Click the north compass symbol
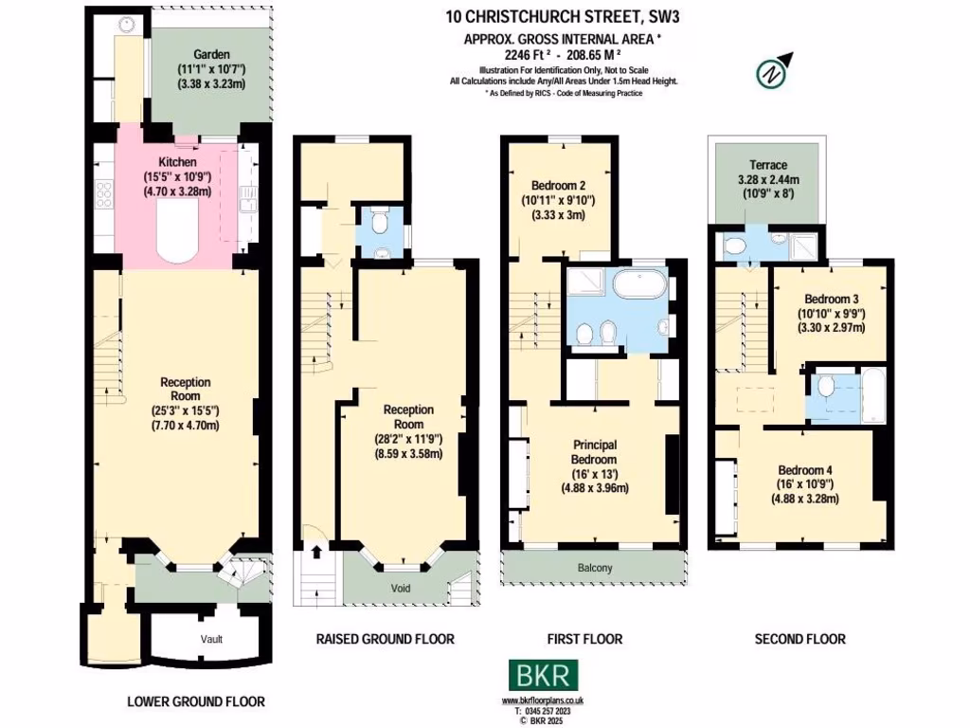[773, 72]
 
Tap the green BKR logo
[543, 676]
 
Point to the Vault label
[211, 639]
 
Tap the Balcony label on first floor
[594, 568]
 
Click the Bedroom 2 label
[557, 185]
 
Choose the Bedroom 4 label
[805, 470]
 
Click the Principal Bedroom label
[595, 445]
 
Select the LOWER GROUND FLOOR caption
[196, 701]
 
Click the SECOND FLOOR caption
[799, 639]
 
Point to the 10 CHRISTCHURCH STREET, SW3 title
[563, 15]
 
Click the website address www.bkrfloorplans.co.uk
[543, 700]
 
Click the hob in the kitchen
[104, 194]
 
